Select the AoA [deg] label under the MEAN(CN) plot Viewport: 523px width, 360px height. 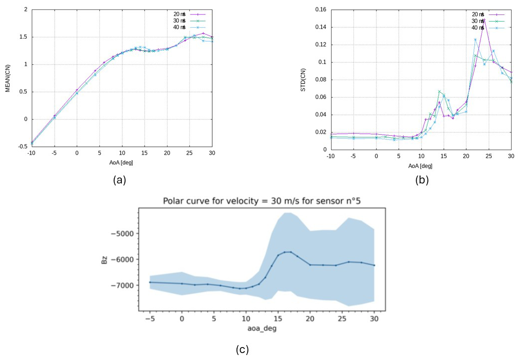click(x=121, y=163)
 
